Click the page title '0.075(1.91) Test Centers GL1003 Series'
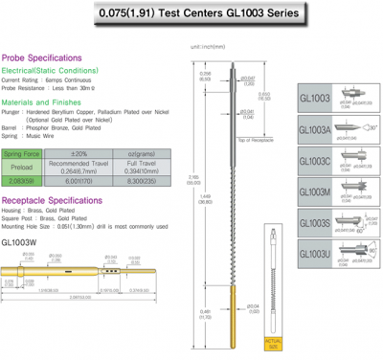(x=191, y=16)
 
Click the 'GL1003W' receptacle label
(x=19, y=242)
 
